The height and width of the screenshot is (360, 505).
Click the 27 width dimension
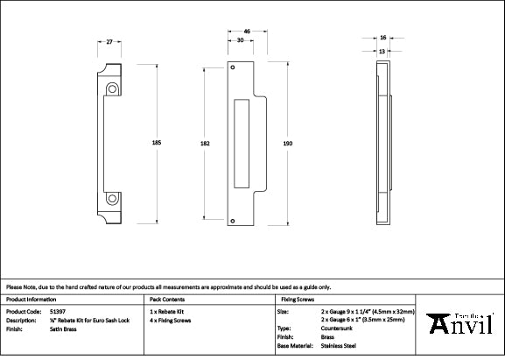(x=109, y=41)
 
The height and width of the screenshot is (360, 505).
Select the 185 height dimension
(x=157, y=141)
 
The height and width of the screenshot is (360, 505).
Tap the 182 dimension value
(x=204, y=141)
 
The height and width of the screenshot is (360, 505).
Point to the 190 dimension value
(x=287, y=141)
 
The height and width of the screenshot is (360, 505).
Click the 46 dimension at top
(x=248, y=31)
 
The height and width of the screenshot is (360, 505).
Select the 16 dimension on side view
(x=383, y=39)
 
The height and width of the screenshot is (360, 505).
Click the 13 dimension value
(x=382, y=51)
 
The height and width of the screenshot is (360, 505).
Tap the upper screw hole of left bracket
(x=113, y=88)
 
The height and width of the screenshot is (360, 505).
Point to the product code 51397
(x=55, y=311)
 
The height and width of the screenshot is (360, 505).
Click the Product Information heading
(x=32, y=300)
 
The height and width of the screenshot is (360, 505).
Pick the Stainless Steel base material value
(x=339, y=346)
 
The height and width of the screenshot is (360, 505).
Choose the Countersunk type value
(x=338, y=328)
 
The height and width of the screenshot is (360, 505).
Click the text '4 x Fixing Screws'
(x=171, y=320)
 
